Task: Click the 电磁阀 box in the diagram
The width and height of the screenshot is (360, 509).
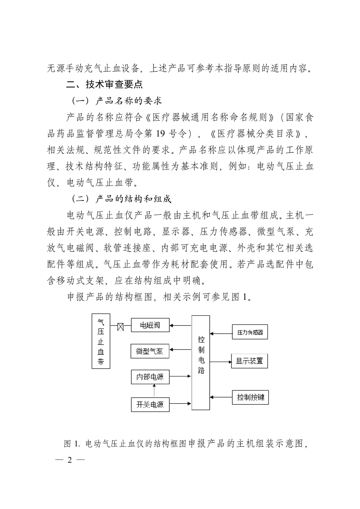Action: pyautogui.click(x=150, y=325)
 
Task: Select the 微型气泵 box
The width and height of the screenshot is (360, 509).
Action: pyautogui.click(x=150, y=351)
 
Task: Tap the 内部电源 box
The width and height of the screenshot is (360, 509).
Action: pyautogui.click(x=150, y=376)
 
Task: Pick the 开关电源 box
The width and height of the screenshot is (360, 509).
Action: pyautogui.click(x=150, y=404)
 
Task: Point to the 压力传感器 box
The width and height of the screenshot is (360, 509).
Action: pyautogui.click(x=250, y=332)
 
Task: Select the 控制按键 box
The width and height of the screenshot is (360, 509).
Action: pyautogui.click(x=250, y=397)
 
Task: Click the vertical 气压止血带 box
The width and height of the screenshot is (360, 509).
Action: pyautogui.click(x=101, y=341)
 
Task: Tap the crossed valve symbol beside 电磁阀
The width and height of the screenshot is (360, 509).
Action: pyautogui.click(x=120, y=326)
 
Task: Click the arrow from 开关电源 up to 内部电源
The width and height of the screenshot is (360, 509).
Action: pyautogui.click(x=154, y=390)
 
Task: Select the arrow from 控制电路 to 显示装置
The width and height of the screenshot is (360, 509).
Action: pyautogui.click(x=221, y=362)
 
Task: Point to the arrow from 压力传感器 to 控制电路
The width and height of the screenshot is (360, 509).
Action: pyautogui.click(x=221, y=334)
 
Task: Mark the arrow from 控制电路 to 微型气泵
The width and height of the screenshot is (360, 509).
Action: pyautogui.click(x=181, y=350)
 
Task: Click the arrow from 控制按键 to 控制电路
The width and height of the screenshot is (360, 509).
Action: pyautogui.click(x=221, y=397)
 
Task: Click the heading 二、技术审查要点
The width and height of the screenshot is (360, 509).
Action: pyautogui.click(x=105, y=84)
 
